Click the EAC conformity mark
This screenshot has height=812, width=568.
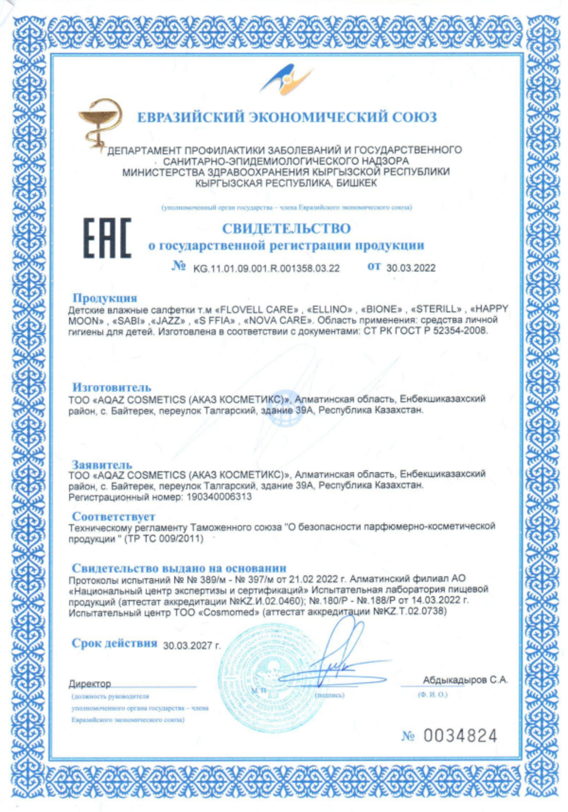point(107,238)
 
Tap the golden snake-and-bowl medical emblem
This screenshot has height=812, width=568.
point(100,122)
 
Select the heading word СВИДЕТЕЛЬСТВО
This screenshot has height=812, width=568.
point(286,229)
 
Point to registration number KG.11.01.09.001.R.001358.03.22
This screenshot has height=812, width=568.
point(266,269)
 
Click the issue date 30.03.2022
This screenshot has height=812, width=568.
point(411,268)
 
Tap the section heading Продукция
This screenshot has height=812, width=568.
point(105,298)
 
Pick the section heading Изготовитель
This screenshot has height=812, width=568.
point(112,387)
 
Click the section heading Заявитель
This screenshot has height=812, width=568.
point(102,464)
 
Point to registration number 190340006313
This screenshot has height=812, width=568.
point(219,497)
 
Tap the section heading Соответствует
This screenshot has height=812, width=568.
point(113,516)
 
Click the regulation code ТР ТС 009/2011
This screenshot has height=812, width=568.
point(164,539)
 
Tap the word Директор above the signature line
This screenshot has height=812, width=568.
point(90,684)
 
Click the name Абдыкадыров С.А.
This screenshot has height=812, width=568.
point(465,680)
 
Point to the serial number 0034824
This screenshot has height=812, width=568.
point(460,736)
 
